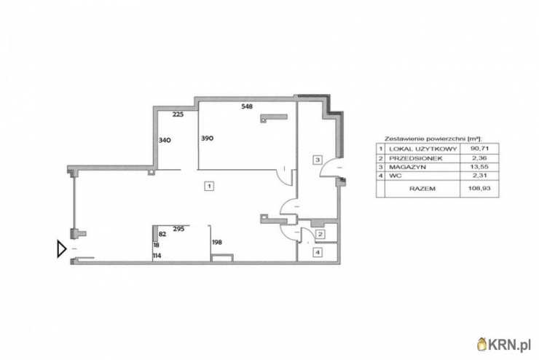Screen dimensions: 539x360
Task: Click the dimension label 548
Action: coord(247,106)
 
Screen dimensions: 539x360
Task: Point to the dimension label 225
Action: coord(178,114)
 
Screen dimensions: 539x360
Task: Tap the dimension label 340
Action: coord(165,141)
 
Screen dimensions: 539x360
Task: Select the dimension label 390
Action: coord(208,138)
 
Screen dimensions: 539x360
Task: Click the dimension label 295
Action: coord(178,229)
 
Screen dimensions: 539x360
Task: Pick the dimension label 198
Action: coord(217,243)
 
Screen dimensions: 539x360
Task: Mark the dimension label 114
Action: coord(157,256)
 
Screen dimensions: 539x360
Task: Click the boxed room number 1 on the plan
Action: coord(209,186)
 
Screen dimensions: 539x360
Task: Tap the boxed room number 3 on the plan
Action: coord(318,160)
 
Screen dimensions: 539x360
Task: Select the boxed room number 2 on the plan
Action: coord(320,235)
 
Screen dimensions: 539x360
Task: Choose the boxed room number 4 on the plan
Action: coord(318,253)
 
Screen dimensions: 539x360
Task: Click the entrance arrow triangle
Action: coord(61,249)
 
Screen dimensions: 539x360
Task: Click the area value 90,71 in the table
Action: coord(479,149)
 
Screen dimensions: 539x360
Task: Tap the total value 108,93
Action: coord(479,189)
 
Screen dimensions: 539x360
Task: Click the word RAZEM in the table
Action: coord(422,189)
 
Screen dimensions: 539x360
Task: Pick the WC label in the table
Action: coord(395,176)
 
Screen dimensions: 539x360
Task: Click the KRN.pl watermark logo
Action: coord(504,344)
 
